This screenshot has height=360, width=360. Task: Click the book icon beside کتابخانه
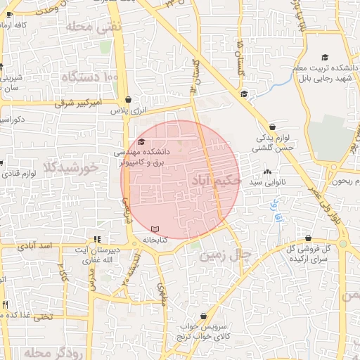point(155,229)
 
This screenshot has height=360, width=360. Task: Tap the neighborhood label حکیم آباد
point(215,181)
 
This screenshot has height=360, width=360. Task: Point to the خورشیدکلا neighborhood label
point(69,168)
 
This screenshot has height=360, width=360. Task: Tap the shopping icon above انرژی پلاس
point(127,100)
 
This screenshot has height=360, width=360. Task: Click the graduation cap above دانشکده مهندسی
point(141,142)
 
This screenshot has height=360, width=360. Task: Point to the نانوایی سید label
point(268,182)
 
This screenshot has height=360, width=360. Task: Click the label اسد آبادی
point(37,246)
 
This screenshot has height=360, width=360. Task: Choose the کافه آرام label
point(14,25)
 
